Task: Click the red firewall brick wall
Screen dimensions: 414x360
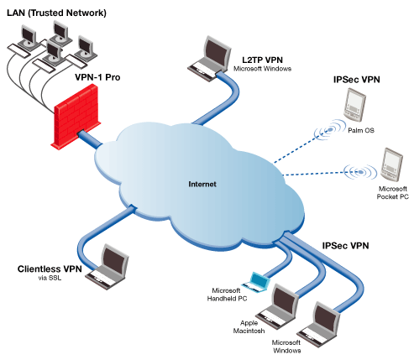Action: [76, 116]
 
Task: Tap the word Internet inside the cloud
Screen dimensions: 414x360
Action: [202, 184]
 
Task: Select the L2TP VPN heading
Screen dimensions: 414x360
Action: [262, 60]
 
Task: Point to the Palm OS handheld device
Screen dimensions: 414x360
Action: [355, 105]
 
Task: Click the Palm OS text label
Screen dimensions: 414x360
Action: [361, 130]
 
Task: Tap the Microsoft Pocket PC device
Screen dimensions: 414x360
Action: [391, 164]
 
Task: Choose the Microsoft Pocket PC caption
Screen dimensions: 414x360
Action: [392, 193]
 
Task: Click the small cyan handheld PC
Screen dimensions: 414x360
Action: [257, 282]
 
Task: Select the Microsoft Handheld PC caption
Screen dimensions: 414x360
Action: [227, 295]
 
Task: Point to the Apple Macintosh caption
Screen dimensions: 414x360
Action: [249, 327]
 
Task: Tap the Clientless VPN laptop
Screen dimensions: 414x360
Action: [107, 267]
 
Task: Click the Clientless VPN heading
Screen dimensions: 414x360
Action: [50, 269]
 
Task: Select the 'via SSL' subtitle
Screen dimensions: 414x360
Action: [50, 278]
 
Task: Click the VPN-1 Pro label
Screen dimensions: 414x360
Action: [97, 77]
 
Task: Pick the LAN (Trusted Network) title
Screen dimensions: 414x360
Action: [56, 13]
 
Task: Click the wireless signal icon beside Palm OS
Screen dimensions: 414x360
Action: [330, 129]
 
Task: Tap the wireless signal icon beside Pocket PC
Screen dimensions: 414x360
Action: [360, 172]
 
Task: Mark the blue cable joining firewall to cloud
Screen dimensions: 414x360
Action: [90, 139]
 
